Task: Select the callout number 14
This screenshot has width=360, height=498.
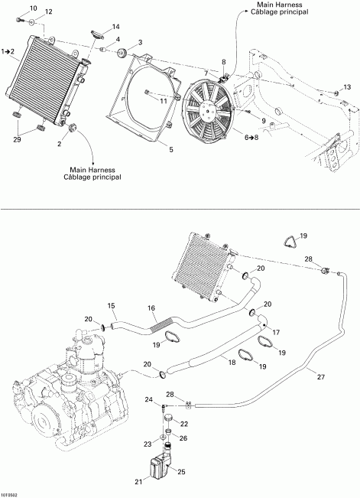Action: tap(116, 27)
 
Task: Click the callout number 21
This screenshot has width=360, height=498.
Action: tap(138, 480)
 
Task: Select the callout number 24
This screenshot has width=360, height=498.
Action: tap(151, 399)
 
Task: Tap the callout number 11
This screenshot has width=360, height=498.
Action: tap(164, 99)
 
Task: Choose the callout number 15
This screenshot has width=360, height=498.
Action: tap(111, 306)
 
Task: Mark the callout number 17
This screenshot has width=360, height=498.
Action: tap(277, 332)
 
